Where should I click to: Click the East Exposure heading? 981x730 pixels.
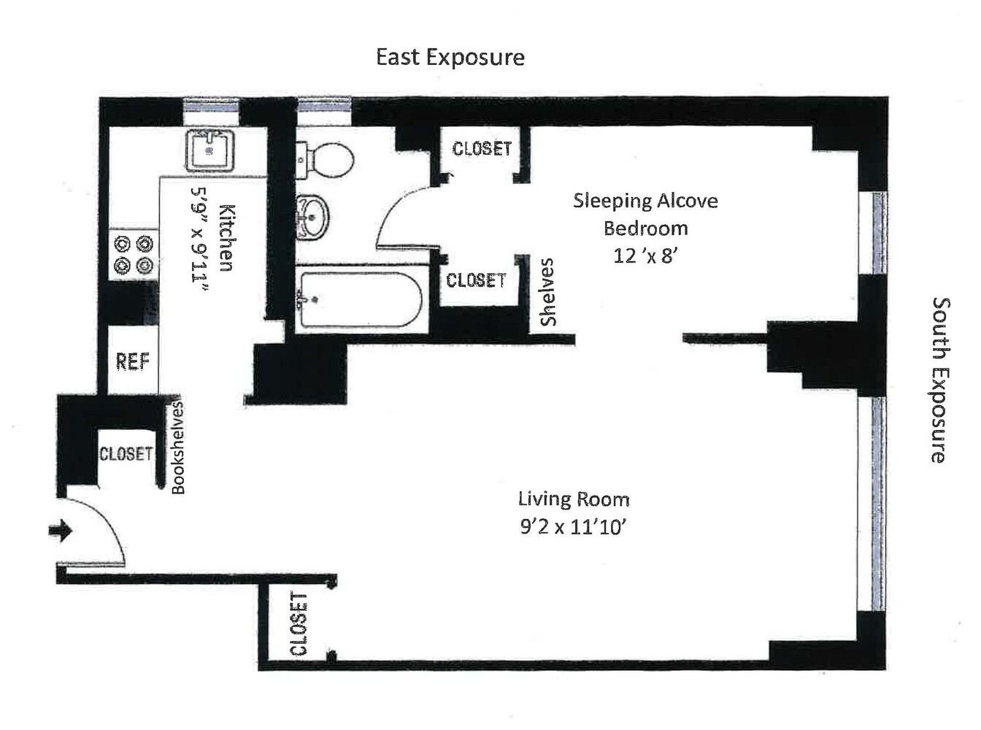click(x=450, y=57)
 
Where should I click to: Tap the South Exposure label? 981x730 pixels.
click(x=939, y=380)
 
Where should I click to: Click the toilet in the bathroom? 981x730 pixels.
click(x=326, y=158)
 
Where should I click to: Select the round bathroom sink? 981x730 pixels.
click(x=314, y=217)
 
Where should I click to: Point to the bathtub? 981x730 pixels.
click(x=359, y=299)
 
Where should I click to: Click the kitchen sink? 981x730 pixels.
click(x=210, y=151)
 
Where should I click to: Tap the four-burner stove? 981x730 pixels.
click(x=134, y=253)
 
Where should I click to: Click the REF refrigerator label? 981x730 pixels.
click(x=132, y=361)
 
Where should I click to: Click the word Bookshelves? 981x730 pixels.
click(x=179, y=447)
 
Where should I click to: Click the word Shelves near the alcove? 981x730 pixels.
click(x=547, y=292)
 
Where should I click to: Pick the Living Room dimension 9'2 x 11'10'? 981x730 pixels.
click(x=574, y=526)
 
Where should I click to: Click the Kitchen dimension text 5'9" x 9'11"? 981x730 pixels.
click(x=200, y=238)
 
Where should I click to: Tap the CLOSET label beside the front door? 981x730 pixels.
click(x=126, y=453)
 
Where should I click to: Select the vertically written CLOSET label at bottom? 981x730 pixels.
click(x=299, y=624)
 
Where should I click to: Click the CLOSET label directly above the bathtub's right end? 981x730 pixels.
click(x=476, y=280)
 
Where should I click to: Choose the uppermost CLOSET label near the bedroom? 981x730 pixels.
click(x=482, y=149)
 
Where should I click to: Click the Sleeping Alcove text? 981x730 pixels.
click(x=645, y=201)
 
